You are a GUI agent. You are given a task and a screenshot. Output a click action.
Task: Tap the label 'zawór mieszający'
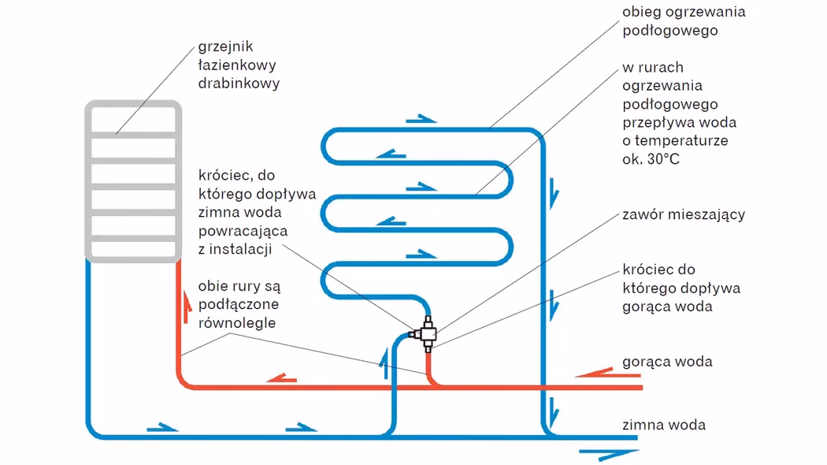pyautogui.click(x=683, y=214)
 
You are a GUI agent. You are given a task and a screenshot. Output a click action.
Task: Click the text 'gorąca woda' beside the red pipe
pyautogui.click(x=666, y=362)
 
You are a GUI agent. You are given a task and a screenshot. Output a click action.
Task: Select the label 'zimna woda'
pyautogui.click(x=663, y=425)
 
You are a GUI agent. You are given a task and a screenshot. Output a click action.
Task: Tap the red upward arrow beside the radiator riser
pyautogui.click(x=187, y=307)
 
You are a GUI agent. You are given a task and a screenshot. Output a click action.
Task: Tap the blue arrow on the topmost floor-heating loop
pyautogui.click(x=421, y=119)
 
